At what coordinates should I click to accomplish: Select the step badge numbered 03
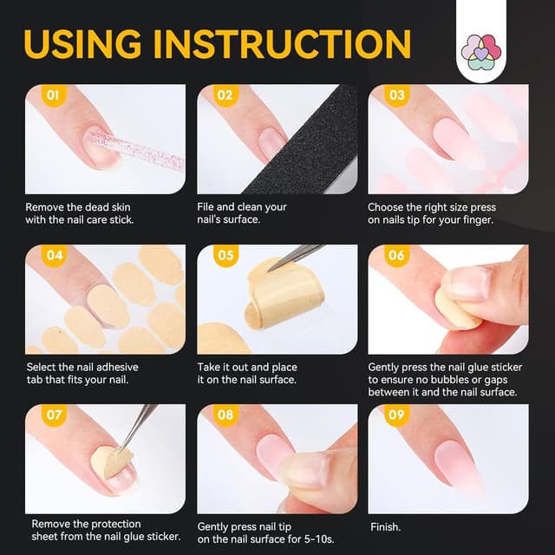tap(396, 95)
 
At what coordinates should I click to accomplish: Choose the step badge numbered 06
tap(396, 256)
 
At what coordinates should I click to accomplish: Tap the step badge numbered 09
tap(396, 415)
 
